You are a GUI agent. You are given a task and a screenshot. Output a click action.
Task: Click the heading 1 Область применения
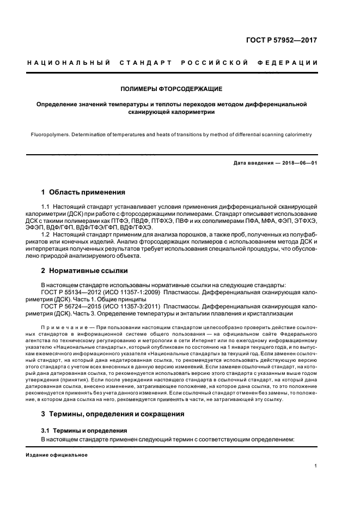click(83, 192)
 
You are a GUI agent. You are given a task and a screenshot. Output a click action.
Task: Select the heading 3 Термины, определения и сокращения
click(113, 414)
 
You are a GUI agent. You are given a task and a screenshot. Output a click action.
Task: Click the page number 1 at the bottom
click(315, 466)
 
